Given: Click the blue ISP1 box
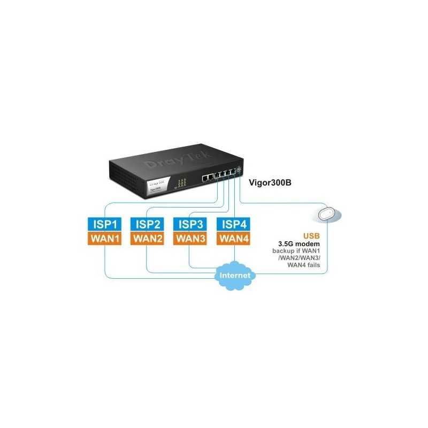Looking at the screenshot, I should click(105, 224).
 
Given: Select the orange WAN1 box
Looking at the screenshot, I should click(105, 238).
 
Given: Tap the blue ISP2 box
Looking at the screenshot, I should click(148, 224).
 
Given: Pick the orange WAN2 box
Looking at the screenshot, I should click(148, 238).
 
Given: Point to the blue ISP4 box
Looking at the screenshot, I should click(234, 224).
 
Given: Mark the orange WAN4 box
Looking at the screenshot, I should click(234, 238).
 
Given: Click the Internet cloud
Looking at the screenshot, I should click(234, 276).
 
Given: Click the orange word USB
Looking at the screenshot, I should click(312, 235).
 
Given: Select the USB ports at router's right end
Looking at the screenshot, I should click(239, 171).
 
